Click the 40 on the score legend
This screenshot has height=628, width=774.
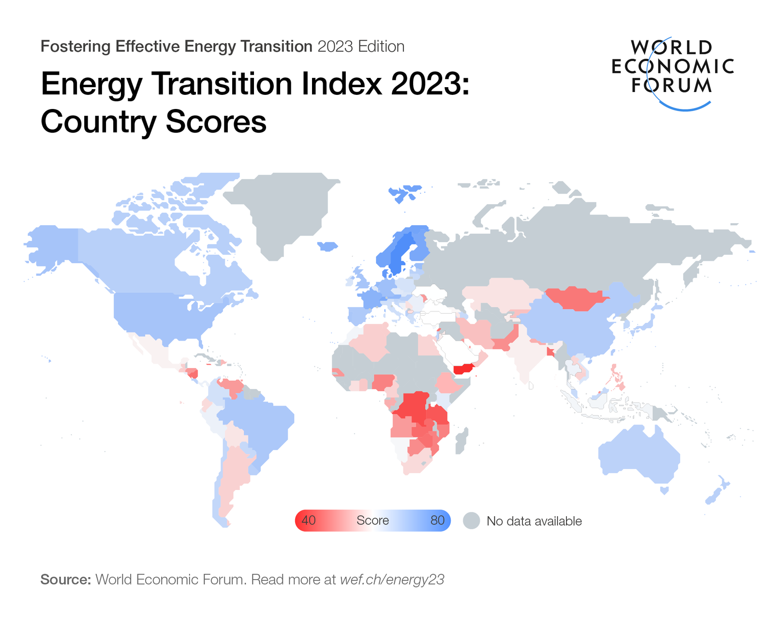(309, 521)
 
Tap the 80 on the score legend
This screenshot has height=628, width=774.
(437, 521)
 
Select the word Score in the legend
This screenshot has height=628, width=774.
(372, 521)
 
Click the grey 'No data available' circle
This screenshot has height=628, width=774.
(471, 521)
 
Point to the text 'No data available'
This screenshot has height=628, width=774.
(534, 521)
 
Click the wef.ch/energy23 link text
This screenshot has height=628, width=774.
(392, 580)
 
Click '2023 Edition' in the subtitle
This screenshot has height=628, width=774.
(361, 46)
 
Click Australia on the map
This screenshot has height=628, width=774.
(639, 453)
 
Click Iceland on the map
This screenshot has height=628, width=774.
(327, 246)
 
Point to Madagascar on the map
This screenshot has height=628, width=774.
(461, 441)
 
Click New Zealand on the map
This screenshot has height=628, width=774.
(715, 494)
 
